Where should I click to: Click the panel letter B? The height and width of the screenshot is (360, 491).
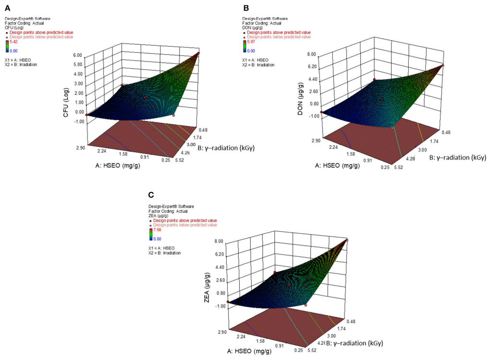tap(246, 8)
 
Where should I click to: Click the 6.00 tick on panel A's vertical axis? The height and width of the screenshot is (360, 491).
tap(77, 55)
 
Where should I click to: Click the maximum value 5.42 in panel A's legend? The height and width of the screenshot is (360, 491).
tap(14, 42)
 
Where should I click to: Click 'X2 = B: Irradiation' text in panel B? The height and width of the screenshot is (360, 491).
tap(258, 64)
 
